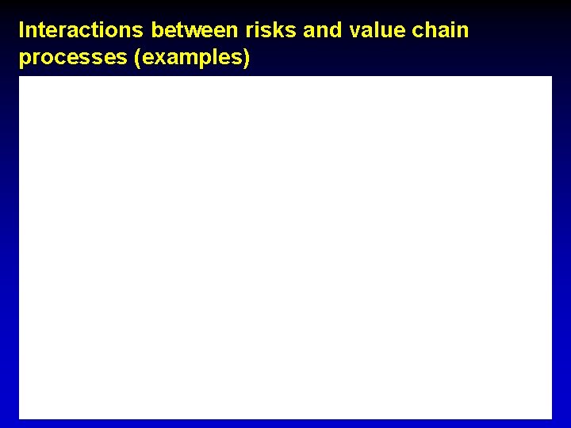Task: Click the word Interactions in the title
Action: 82,31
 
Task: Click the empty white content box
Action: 285,247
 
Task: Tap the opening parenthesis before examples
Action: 140,59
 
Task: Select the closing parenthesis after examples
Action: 247,59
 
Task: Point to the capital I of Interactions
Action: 22,31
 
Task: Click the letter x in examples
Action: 160,59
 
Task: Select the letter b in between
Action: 157,31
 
